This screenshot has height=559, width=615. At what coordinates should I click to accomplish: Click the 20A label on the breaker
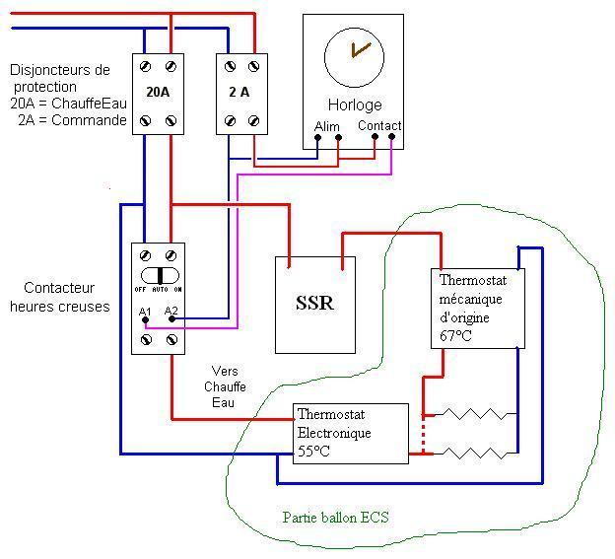(159, 93)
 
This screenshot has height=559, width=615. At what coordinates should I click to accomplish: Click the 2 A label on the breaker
(241, 93)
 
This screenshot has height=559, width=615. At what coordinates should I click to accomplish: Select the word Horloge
(354, 105)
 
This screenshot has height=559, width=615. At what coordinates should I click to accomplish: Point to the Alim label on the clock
(326, 126)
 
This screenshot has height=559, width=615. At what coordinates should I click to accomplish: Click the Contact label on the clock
(379, 126)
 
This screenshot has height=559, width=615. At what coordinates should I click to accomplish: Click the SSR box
(314, 304)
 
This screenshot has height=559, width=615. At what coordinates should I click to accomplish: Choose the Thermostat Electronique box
(351, 433)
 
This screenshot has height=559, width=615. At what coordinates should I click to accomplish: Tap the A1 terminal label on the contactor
(145, 312)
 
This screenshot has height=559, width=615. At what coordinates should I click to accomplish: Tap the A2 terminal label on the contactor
(171, 312)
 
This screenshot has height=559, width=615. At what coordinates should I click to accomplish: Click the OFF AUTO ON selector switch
(159, 275)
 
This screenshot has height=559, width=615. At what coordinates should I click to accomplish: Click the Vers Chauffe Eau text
(226, 387)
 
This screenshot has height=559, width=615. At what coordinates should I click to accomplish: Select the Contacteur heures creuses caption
(60, 298)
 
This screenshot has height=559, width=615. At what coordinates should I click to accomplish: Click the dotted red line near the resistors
(423, 434)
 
